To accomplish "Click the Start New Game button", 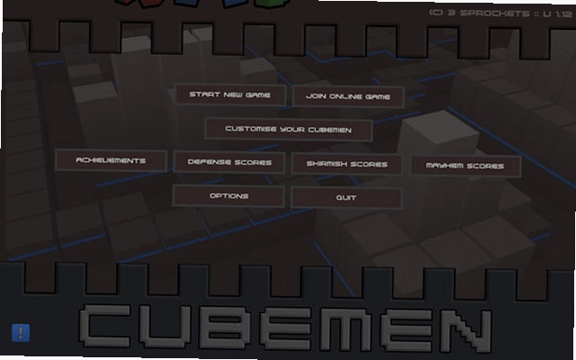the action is (x=230, y=95).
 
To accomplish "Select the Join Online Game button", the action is (x=348, y=97).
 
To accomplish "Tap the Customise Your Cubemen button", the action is (x=289, y=129).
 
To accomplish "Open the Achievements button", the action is (x=111, y=161).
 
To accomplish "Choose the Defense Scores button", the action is (x=229, y=162).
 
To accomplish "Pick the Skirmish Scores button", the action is (x=347, y=163).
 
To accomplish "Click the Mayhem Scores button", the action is (x=465, y=165).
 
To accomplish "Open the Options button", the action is (x=228, y=196).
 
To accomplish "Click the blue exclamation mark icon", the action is (x=21, y=332).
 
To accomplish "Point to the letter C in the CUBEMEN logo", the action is (x=105, y=326).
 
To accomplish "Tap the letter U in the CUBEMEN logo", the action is (x=164, y=327).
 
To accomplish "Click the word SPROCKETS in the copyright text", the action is (x=495, y=14).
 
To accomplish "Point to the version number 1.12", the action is (x=564, y=14).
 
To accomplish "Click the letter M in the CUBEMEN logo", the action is (x=345, y=328).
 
